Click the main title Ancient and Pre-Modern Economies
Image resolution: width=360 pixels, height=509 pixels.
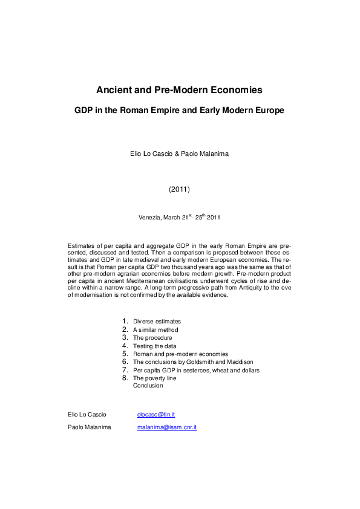(179, 90)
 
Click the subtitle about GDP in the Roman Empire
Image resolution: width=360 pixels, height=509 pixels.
(179, 111)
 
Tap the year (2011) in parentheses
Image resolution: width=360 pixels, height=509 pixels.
(179, 189)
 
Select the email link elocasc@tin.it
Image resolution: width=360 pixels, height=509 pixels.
(156, 414)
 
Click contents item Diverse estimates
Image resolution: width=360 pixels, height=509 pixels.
(157, 322)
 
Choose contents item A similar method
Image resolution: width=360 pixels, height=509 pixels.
(155, 330)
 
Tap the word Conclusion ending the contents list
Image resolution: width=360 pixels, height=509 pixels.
(148, 386)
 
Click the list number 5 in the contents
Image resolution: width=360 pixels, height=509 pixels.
(125, 354)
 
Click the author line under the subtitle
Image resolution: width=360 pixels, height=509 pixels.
(179, 154)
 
